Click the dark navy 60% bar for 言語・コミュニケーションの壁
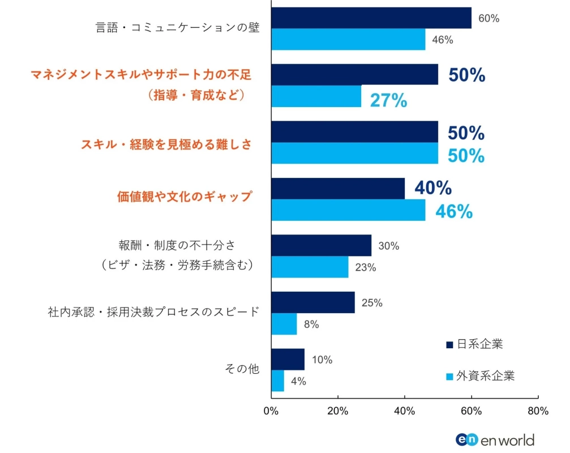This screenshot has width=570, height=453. [x=371, y=18]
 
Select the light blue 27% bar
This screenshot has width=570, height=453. [x=316, y=96]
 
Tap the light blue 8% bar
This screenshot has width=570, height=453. [x=284, y=324]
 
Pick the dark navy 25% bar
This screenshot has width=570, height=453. [x=313, y=302]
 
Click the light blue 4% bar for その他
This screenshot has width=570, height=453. [x=278, y=381]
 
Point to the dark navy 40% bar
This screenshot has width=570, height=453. [x=338, y=189]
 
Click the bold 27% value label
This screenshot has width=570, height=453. [x=388, y=100]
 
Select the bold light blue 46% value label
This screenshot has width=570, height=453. [x=453, y=211]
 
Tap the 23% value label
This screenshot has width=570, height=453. [x=365, y=268]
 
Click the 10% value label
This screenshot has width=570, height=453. [x=322, y=360]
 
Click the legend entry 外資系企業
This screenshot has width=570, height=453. [x=479, y=376]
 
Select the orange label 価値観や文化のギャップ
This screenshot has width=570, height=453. [x=184, y=196]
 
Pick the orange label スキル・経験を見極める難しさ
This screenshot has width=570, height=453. [x=166, y=144]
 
